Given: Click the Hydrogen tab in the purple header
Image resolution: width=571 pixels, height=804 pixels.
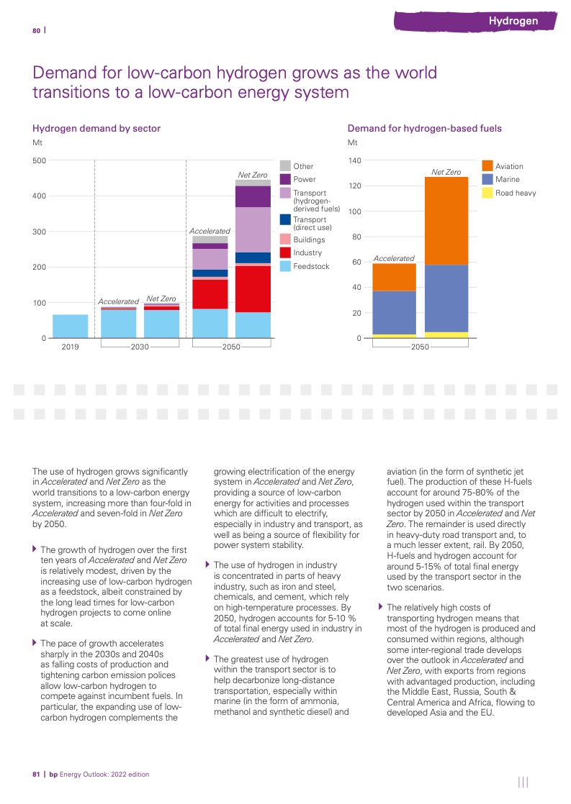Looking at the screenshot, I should (x=513, y=21).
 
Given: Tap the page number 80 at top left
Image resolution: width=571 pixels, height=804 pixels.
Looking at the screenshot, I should (x=36, y=30).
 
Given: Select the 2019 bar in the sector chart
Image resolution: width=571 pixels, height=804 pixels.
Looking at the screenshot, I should (x=71, y=326).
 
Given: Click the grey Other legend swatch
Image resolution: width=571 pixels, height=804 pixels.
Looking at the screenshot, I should (x=285, y=166).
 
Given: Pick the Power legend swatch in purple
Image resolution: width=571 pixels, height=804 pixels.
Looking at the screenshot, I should (x=285, y=179).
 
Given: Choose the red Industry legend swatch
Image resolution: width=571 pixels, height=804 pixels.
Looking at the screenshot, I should (x=285, y=252).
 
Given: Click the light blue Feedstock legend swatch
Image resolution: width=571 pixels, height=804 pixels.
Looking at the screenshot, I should (x=285, y=266).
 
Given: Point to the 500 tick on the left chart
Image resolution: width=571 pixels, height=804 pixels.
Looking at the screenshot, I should (x=39, y=160).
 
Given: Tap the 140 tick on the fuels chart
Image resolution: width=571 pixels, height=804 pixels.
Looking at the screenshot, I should (x=354, y=160).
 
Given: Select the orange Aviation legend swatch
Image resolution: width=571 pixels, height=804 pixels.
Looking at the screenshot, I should (x=487, y=166).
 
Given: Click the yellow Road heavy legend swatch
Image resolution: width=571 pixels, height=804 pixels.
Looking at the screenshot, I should (x=487, y=193).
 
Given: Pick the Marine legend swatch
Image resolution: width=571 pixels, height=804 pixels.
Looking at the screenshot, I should (x=487, y=179).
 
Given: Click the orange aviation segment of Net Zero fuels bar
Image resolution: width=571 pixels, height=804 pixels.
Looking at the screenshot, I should (x=446, y=221).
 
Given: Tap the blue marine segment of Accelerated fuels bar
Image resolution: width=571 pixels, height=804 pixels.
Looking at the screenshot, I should (x=394, y=312).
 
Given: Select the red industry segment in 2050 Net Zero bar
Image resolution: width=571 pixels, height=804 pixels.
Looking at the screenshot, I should (x=253, y=288).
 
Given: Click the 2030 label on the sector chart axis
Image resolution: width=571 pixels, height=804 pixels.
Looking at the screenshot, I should (x=140, y=347).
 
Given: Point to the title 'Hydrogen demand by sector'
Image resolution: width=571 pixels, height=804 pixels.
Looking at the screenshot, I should (x=96, y=128).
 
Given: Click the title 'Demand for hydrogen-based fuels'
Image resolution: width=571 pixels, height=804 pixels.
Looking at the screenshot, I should (x=424, y=128).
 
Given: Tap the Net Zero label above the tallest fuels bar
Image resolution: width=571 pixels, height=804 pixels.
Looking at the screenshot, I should (x=446, y=172).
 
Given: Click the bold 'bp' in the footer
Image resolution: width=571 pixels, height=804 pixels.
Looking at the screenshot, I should (x=53, y=775).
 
